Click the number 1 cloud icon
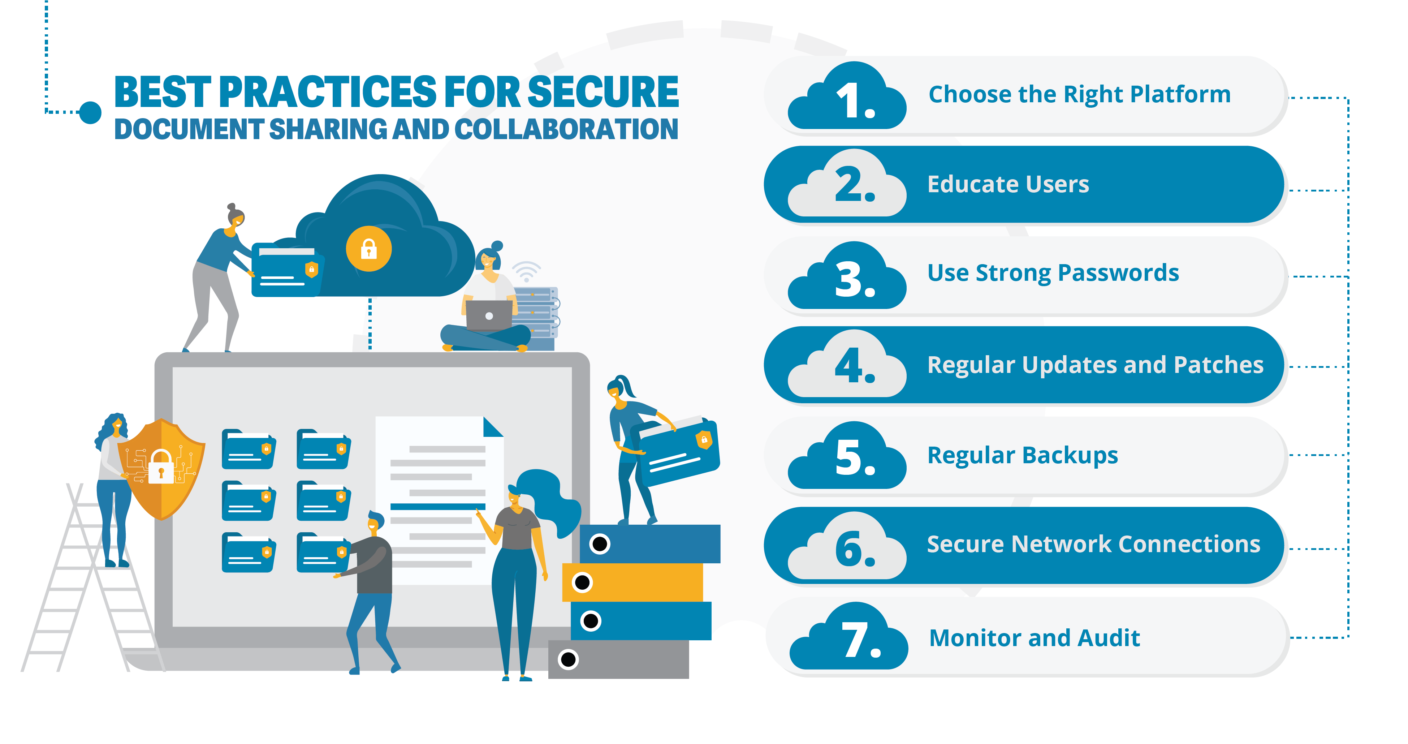(x=847, y=97)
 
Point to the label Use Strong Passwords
(x=1053, y=273)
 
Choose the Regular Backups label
(x=1023, y=455)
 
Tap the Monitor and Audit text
(x=1035, y=638)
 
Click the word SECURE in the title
(x=603, y=91)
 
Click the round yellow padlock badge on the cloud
(x=369, y=249)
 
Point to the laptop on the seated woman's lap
(x=489, y=315)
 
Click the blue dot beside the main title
(x=90, y=113)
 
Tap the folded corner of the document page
(x=493, y=427)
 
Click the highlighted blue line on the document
(x=438, y=507)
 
